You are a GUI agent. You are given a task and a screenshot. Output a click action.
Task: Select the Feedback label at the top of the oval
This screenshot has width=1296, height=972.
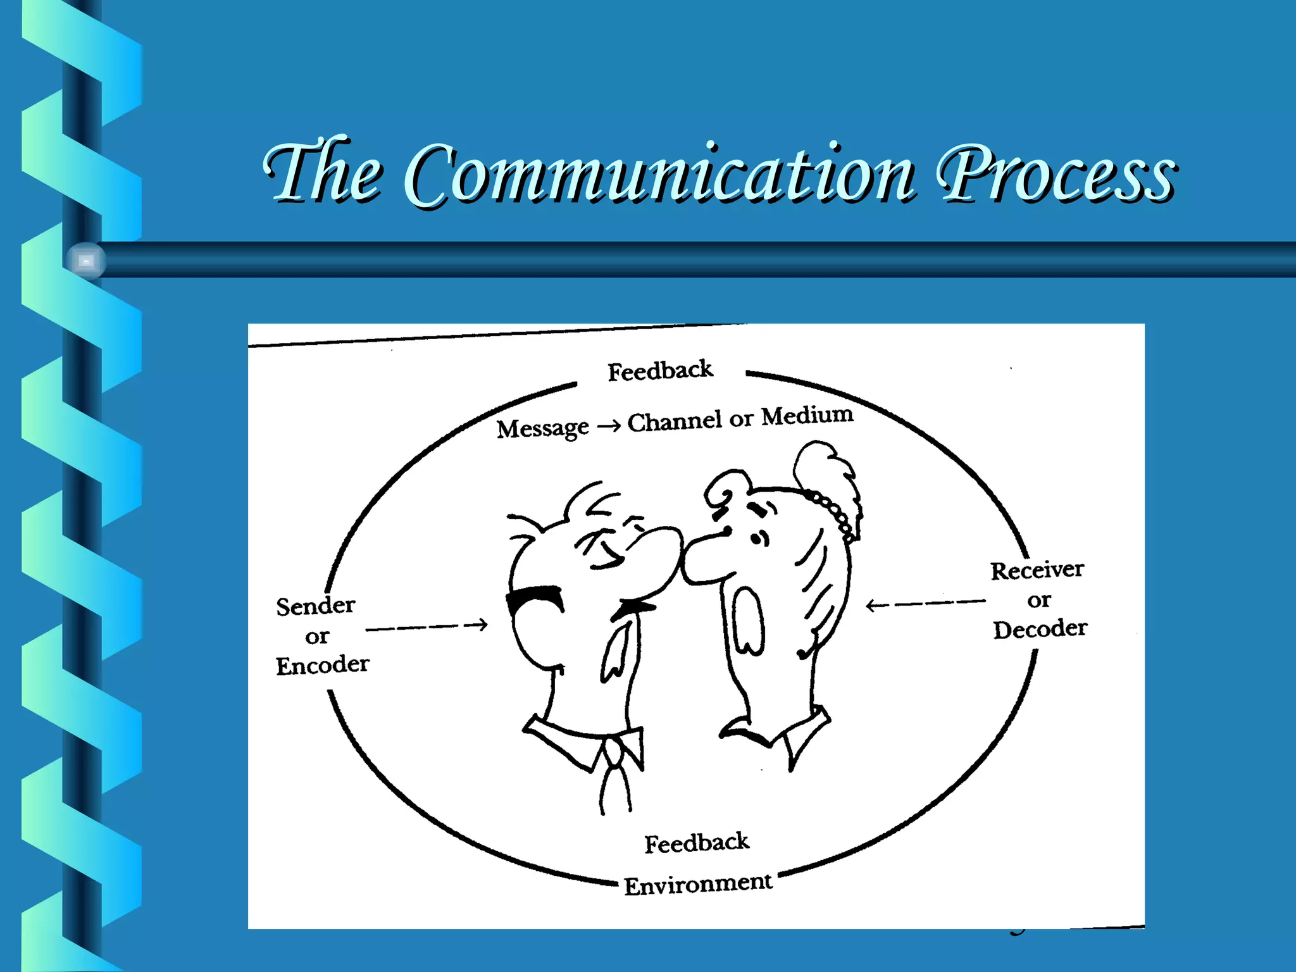pos(660,371)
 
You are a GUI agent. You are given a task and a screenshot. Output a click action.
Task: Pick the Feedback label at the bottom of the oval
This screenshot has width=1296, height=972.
pos(697,843)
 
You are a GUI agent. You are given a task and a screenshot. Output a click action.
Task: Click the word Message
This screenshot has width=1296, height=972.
pos(542,429)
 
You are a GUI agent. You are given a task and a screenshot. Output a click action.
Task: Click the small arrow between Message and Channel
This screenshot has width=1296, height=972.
pos(609,427)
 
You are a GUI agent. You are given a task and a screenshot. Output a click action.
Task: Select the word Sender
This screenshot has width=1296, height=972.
pos(316,606)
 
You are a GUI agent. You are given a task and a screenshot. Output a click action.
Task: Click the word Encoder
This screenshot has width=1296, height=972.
pos(322,665)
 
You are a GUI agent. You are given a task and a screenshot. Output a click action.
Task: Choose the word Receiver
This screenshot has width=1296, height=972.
pos(1037,570)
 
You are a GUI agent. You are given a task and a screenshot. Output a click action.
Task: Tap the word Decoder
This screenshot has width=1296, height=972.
pos(1040,629)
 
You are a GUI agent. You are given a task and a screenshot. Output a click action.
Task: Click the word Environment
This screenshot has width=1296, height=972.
pos(698,884)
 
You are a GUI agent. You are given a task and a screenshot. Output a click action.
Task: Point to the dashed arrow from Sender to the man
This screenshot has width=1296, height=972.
pos(427,627)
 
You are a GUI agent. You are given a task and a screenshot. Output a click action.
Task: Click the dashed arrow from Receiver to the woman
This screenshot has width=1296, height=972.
pos(925,604)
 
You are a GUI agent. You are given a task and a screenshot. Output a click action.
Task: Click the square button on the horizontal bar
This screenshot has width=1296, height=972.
pos(86,261)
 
